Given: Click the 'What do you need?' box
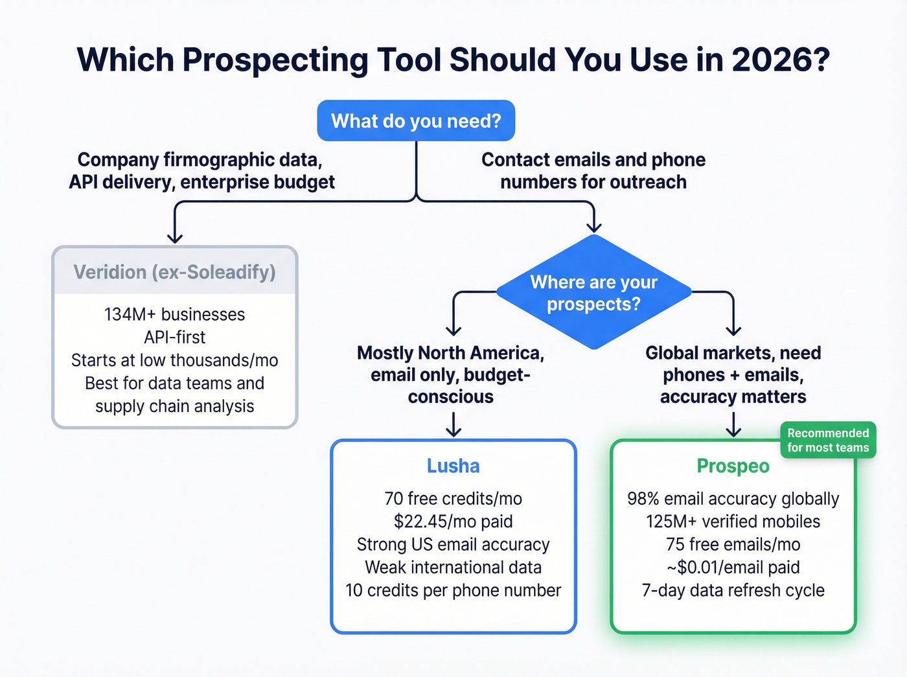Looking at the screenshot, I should click(416, 121).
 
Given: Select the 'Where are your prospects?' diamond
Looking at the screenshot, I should click(593, 293).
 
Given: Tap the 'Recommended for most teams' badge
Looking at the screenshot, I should click(828, 441).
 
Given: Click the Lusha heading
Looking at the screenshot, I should click(454, 466).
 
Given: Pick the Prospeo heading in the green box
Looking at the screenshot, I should click(733, 466).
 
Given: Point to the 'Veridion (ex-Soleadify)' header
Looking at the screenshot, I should click(174, 272).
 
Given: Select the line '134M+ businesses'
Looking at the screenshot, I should click(174, 314).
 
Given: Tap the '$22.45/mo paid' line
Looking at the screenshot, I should click(454, 522).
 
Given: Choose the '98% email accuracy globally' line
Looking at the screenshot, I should click(733, 499).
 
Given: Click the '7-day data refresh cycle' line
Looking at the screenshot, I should click(733, 590).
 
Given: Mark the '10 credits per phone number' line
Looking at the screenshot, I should click(454, 590).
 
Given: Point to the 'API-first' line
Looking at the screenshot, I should click(174, 337).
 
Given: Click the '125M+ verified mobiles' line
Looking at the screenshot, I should click(733, 522).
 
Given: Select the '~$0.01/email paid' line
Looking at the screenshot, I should click(733, 568).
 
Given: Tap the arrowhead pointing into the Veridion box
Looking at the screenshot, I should click(174, 238).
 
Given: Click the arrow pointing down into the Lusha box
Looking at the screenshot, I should click(454, 426).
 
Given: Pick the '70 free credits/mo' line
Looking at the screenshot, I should click(454, 499).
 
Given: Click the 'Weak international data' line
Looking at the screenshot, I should click(454, 568).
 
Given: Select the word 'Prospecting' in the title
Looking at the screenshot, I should click(275, 60).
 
